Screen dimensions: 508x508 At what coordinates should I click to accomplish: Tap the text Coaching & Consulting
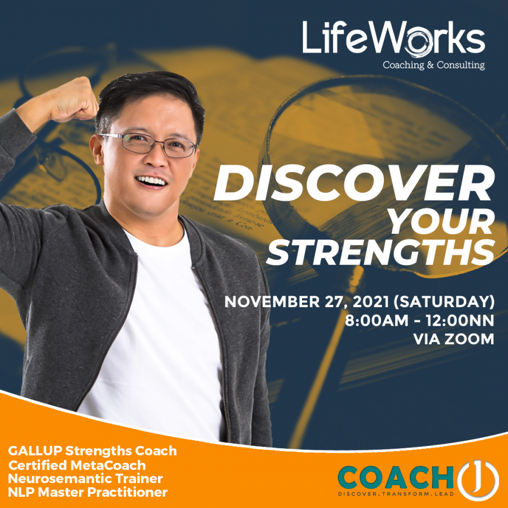tap(433, 65)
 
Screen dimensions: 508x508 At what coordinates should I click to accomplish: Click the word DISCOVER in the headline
tap(354, 185)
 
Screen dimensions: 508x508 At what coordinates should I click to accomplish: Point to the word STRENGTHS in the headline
tap(380, 253)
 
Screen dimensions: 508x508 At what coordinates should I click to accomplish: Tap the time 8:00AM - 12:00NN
tap(419, 321)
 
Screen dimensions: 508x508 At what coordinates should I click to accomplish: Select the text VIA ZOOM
tap(453, 340)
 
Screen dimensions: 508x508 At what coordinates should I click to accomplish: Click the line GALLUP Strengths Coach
tap(92, 451)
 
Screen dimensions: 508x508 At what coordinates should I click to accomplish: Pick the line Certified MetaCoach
tap(77, 465)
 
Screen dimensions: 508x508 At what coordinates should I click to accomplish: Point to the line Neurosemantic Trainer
tap(85, 479)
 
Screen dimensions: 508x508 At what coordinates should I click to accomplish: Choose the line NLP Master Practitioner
tap(87, 492)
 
